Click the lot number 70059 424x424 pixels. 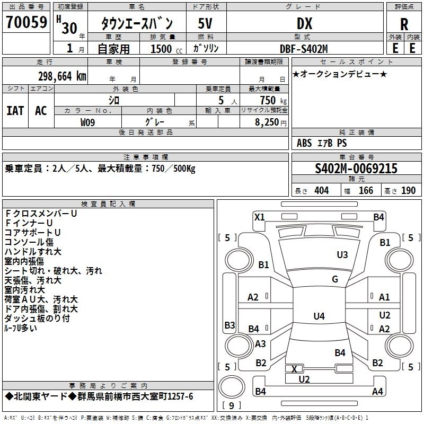[x=26, y=22]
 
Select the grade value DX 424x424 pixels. [x=304, y=23]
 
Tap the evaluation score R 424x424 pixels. [x=404, y=24]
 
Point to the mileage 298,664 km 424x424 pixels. [x=62, y=76]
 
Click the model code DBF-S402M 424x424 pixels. [x=304, y=49]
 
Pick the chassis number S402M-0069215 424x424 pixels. [x=356, y=169]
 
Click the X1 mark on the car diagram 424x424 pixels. [x=260, y=217]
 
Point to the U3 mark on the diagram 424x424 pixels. [x=342, y=255]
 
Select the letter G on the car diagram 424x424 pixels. [x=335, y=279]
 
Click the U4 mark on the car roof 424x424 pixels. [x=319, y=316]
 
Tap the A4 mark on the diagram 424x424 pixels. [x=378, y=392]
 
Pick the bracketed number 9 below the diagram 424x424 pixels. [x=231, y=405]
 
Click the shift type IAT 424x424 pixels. [x=15, y=110]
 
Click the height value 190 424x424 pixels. [x=409, y=191]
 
